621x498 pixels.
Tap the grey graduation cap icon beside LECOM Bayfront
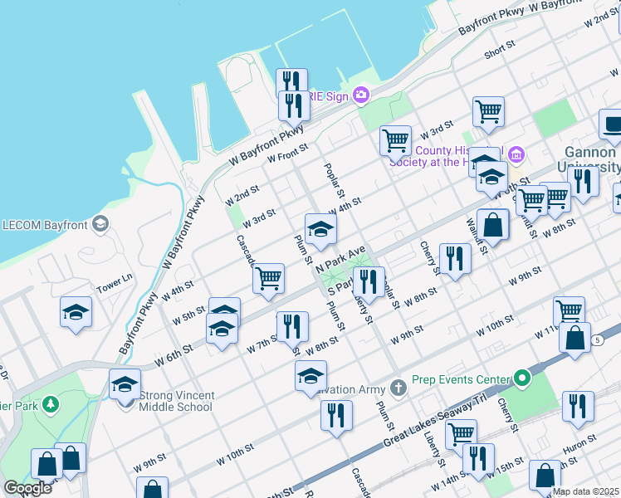[x=100, y=223]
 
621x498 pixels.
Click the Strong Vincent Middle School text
[x=176, y=401]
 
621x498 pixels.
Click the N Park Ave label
[x=340, y=261]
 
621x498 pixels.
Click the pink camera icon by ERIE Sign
[x=360, y=95]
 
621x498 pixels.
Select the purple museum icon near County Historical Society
[x=516, y=154]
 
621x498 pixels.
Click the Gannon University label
[x=590, y=160]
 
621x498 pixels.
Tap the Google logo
[x=27, y=488]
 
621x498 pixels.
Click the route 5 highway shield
[x=597, y=340]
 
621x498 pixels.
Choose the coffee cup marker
[x=613, y=124]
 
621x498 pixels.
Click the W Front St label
[x=286, y=153]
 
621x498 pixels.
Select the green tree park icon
[x=51, y=404]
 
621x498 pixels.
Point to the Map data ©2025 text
[x=584, y=492]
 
